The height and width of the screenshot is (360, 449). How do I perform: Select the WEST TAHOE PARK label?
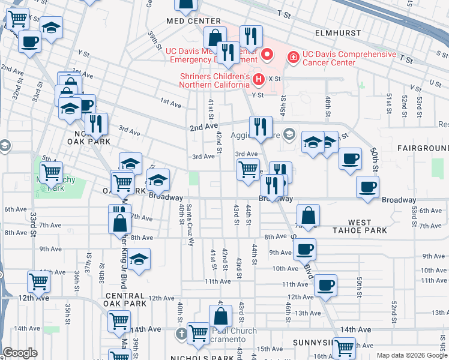(x=360, y=226)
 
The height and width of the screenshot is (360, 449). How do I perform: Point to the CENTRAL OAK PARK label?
(x=125, y=301)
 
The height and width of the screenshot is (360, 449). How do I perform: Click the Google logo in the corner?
(x=20, y=353)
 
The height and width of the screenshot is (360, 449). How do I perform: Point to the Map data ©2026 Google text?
(x=411, y=355)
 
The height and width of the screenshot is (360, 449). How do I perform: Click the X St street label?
(x=275, y=79)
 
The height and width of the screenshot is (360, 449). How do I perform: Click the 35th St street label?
(x=68, y=313)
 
